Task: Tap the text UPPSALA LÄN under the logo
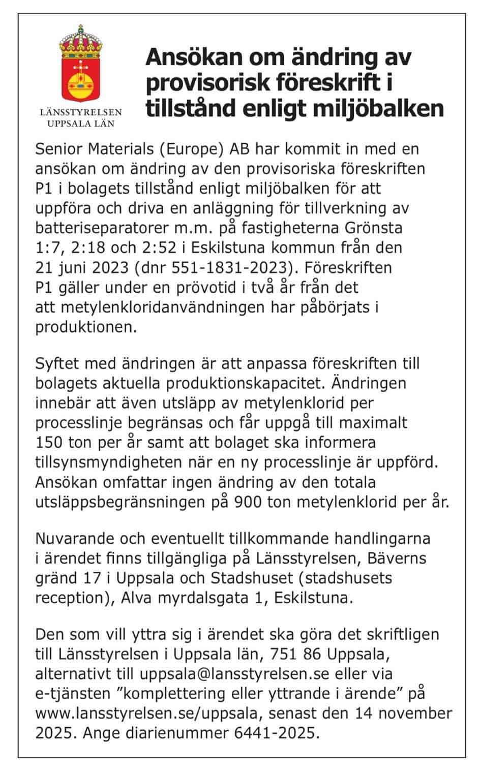click(81, 123)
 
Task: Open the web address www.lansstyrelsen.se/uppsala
click(148, 714)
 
